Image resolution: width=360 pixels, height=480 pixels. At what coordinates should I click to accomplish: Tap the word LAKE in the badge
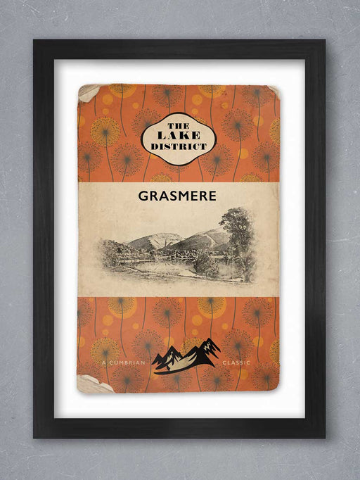click(174, 134)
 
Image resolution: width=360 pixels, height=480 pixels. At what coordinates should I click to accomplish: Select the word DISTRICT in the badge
click(174, 146)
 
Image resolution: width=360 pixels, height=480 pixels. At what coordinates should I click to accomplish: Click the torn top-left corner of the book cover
click(87, 91)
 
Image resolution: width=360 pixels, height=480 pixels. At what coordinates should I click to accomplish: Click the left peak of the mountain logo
click(169, 352)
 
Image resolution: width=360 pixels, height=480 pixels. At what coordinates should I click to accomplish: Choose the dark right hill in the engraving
click(204, 239)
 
